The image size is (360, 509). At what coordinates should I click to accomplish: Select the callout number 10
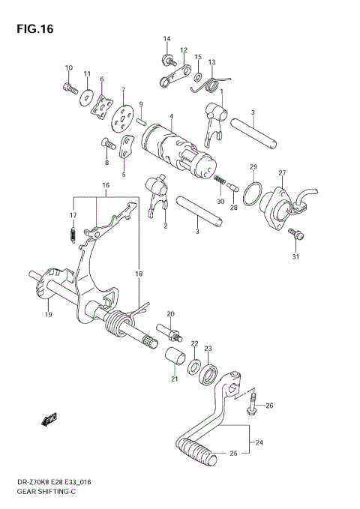pyautogui.click(x=68, y=68)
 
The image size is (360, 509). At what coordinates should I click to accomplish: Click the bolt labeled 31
pyautogui.click(x=297, y=235)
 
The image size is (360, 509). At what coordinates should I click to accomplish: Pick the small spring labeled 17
pyautogui.click(x=73, y=235)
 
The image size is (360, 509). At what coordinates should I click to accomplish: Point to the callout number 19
pyautogui.click(x=49, y=315)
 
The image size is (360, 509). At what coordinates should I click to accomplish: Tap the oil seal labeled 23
pyautogui.click(x=208, y=373)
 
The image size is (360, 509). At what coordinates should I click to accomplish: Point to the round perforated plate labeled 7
pyautogui.click(x=119, y=115)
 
